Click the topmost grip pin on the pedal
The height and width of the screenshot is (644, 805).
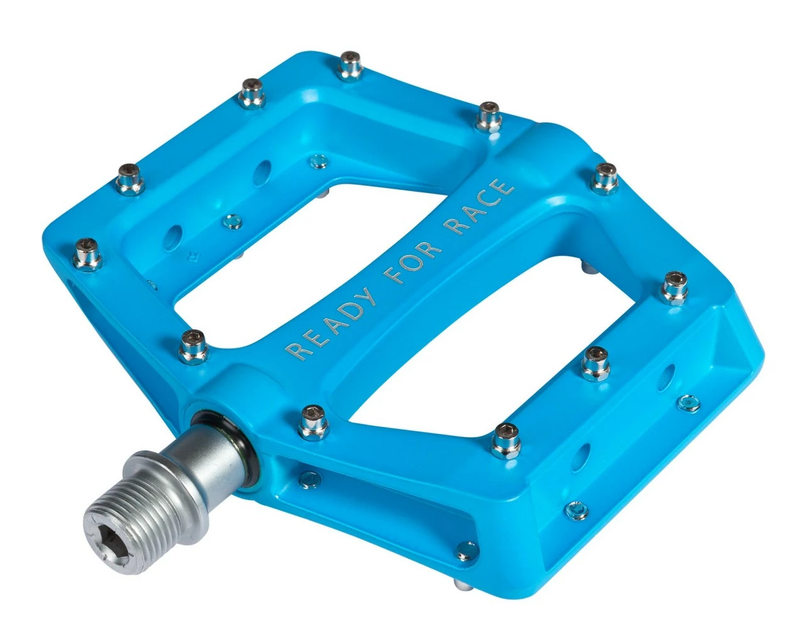pyautogui.click(x=350, y=65)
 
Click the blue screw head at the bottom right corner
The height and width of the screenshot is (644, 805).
pyautogui.click(x=576, y=509)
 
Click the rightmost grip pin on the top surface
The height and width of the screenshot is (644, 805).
pyautogui.click(x=674, y=287)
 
